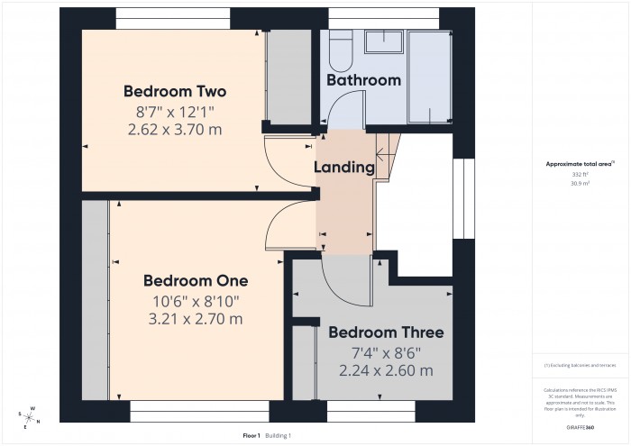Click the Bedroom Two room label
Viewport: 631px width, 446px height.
(174, 91)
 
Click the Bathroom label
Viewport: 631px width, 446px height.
(363, 80)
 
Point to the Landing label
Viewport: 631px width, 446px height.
(343, 167)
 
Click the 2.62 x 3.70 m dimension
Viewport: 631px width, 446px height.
(174, 130)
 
